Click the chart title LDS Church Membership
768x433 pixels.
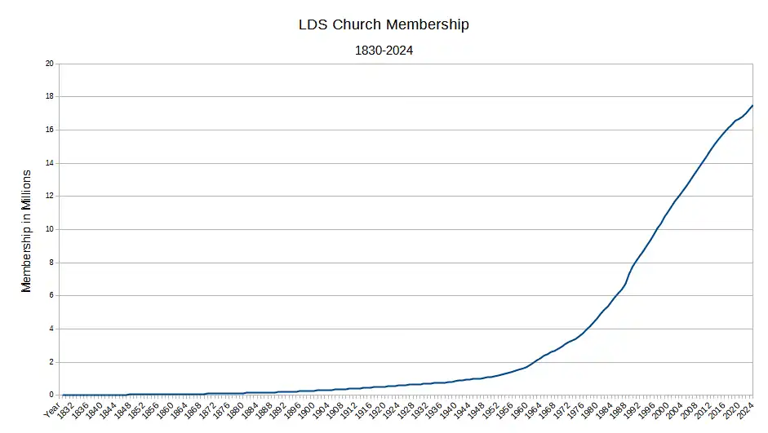384,24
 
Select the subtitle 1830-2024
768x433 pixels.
384,51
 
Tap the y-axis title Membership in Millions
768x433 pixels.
26,231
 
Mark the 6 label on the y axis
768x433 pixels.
51,296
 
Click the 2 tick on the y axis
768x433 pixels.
51,362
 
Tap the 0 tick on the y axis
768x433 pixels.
51,395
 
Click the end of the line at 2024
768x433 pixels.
752,105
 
